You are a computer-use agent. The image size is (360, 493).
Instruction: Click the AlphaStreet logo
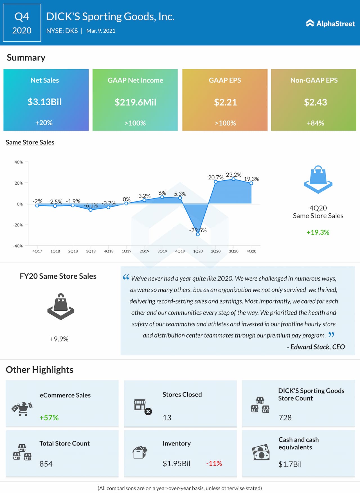[x=330, y=23]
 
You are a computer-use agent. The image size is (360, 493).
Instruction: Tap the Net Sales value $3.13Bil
[x=44, y=102]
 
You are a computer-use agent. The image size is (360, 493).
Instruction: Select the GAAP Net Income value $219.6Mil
[x=135, y=102]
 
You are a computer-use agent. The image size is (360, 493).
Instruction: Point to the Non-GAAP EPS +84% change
[x=315, y=123]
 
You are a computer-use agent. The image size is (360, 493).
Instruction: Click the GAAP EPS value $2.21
[x=225, y=102]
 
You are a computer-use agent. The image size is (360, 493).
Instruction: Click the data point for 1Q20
[x=198, y=234]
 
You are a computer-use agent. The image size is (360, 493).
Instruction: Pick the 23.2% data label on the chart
[x=233, y=175]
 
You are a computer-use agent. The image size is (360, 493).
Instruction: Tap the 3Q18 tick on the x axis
[x=91, y=251]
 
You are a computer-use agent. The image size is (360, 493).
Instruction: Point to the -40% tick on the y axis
[x=18, y=246]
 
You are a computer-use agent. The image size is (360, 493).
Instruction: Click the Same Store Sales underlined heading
[x=30, y=142]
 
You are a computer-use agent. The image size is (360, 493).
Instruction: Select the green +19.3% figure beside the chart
[x=318, y=232]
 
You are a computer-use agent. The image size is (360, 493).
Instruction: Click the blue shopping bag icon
[x=318, y=180]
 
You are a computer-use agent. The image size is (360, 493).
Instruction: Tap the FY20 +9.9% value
[x=59, y=339]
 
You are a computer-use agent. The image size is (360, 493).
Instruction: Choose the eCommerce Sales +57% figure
[x=49, y=418]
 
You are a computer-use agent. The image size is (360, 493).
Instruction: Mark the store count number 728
[x=285, y=418]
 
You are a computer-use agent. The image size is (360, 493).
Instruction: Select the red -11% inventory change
[x=214, y=463]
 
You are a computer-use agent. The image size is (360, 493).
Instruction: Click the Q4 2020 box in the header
[x=22, y=23]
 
